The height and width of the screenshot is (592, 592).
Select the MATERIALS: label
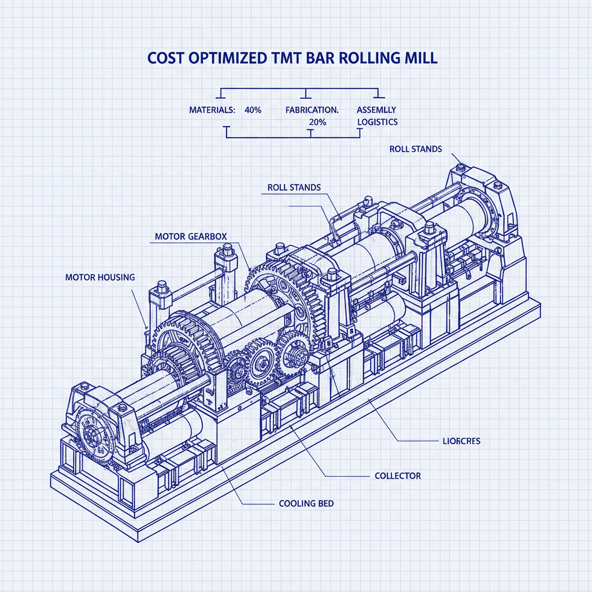[212, 109]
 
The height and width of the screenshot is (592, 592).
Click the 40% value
[253, 109]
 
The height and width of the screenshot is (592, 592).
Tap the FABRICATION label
[312, 109]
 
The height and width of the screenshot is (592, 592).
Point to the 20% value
[317, 122]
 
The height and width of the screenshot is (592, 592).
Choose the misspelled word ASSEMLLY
[376, 109]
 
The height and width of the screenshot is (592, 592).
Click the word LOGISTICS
[377, 122]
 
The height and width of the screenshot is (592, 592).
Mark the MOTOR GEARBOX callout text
[191, 237]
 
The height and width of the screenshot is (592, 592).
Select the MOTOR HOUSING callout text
[99, 277]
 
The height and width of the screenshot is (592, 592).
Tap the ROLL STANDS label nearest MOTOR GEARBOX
[294, 187]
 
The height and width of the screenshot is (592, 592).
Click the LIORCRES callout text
[456, 441]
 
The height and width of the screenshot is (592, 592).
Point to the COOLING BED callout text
[306, 504]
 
